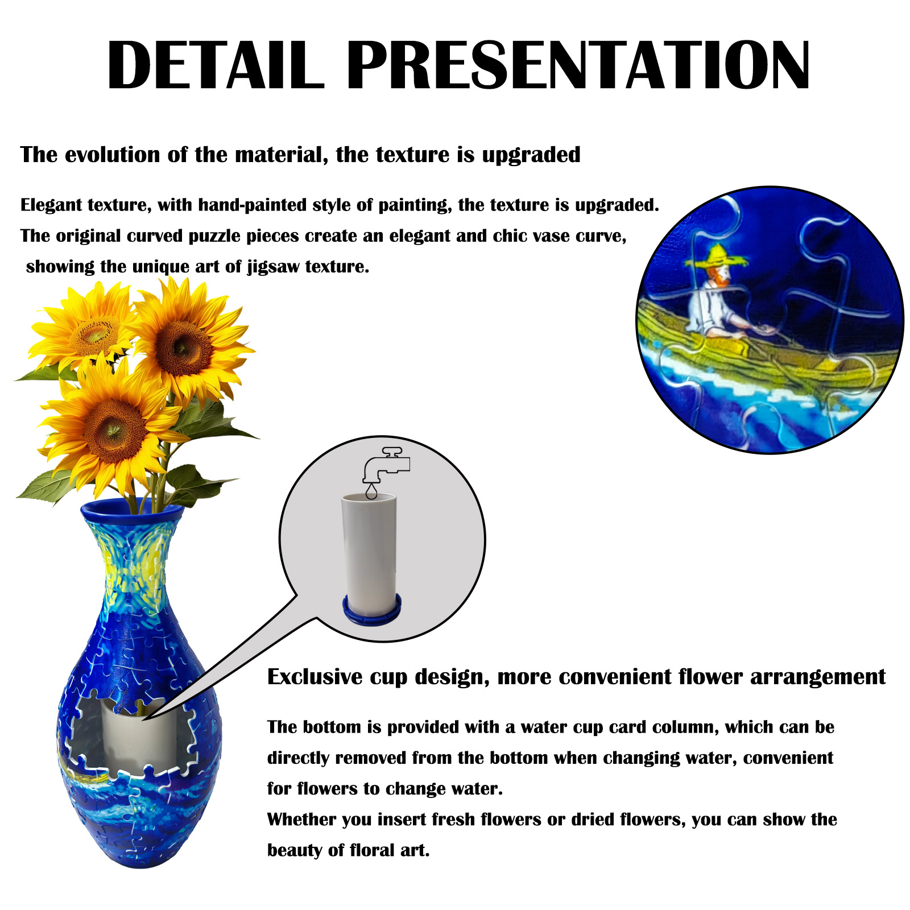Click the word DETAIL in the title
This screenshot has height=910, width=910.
click(x=215, y=65)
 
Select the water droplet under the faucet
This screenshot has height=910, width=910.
click(x=371, y=491)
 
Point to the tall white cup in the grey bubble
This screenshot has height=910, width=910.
click(x=369, y=549)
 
